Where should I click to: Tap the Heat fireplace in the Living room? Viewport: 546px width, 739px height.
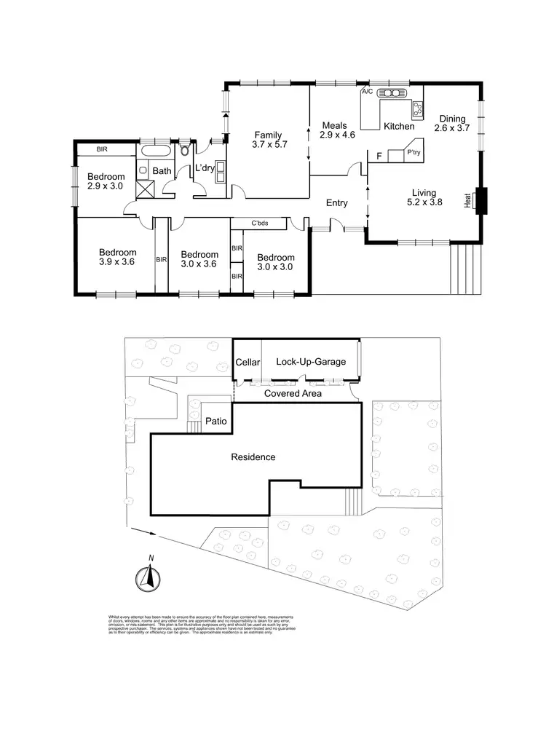pyautogui.click(x=480, y=199)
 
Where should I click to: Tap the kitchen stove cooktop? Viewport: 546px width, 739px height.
pyautogui.click(x=418, y=109)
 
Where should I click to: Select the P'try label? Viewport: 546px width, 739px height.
pyautogui.click(x=414, y=153)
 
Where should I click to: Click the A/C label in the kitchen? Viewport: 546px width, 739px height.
pyautogui.click(x=368, y=92)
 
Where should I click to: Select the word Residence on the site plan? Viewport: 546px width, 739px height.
pyautogui.click(x=253, y=457)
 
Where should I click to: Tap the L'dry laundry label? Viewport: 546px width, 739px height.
pyautogui.click(x=204, y=168)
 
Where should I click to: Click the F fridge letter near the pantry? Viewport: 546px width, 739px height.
pyautogui.click(x=379, y=155)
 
